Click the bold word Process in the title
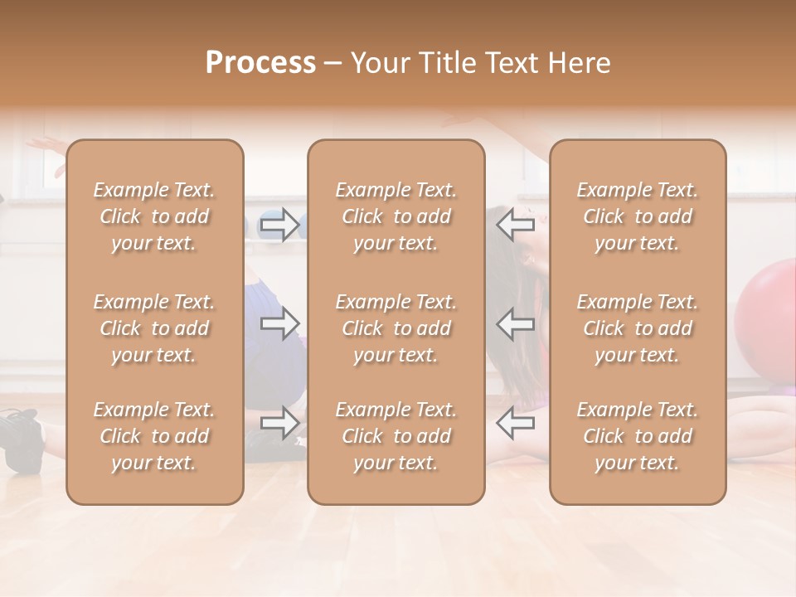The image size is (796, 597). tap(260, 63)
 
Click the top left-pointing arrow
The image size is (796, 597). tap(515, 224)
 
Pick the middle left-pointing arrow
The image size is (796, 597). tap(515, 323)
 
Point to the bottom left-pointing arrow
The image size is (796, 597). tap(515, 423)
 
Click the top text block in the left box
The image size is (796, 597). tap(154, 216)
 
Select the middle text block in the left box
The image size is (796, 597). tap(154, 328)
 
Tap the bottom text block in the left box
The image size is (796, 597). tap(154, 436)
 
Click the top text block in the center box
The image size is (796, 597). tap(396, 216)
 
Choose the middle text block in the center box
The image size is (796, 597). tap(396, 328)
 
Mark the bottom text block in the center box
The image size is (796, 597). tap(396, 436)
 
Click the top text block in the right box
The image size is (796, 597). tap(638, 216)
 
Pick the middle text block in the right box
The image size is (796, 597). tap(638, 328)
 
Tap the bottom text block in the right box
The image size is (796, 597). tap(638, 436)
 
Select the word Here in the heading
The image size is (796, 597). tap(579, 63)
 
